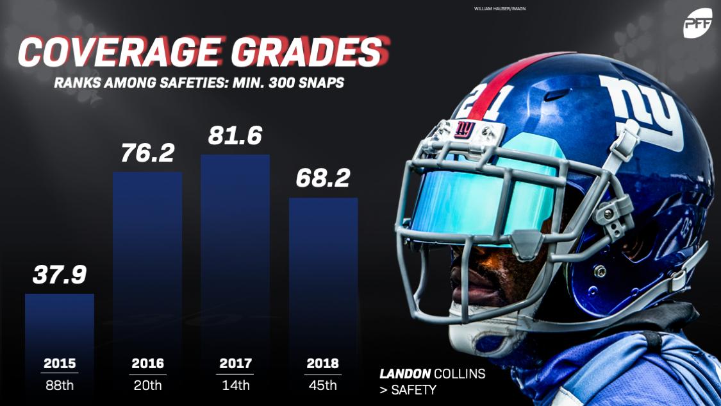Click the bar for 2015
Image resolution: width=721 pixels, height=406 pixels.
60,321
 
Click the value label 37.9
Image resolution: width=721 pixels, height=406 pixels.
60,274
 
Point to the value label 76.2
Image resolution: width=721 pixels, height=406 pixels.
147,153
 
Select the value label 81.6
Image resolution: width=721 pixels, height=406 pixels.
235,136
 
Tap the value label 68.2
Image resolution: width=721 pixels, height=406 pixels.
323,178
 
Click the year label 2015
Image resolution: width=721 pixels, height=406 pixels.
60,364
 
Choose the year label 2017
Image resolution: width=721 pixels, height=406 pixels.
235,364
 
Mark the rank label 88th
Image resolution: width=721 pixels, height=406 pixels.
60,385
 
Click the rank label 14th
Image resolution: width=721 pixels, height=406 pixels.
235,385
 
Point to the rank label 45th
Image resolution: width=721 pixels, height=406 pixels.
323,385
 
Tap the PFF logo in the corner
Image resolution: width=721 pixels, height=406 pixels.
697,24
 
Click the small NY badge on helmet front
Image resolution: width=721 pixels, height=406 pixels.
465,129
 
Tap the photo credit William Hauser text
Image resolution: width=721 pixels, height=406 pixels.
500,9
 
